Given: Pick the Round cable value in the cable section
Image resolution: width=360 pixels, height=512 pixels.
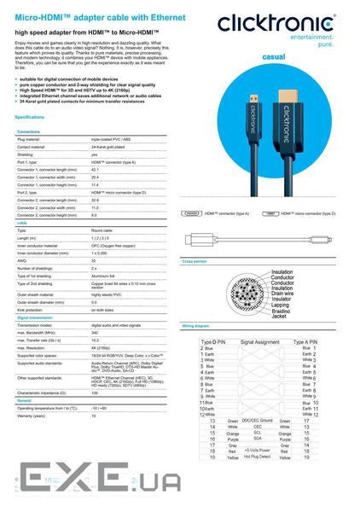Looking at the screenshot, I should pyautogui.click(x=102, y=230).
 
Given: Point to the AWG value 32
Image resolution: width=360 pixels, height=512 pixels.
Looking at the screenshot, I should pyautogui.click(x=94, y=260).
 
